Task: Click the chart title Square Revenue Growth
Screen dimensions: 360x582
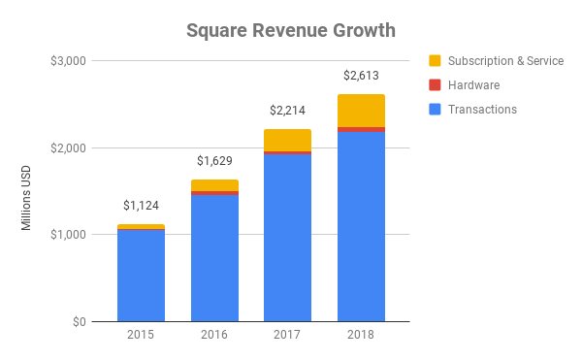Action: (290, 30)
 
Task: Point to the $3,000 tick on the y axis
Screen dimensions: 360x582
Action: (67, 61)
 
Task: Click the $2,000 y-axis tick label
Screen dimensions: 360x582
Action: (67, 147)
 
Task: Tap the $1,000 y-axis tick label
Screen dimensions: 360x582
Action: (67, 235)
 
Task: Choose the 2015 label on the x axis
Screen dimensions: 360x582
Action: (141, 335)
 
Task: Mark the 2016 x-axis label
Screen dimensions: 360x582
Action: (214, 335)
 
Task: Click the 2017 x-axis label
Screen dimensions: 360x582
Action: (287, 335)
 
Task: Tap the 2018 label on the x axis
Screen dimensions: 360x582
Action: (361, 335)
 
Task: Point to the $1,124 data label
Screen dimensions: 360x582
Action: (141, 206)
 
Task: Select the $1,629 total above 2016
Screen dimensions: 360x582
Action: (214, 161)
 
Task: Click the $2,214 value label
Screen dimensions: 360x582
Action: (287, 111)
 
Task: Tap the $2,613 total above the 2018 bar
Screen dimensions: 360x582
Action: (361, 76)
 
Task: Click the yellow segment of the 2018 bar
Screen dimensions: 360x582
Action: (361, 111)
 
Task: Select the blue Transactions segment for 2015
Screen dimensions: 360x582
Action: (141, 277)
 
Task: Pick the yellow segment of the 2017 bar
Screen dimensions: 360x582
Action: (287, 140)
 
